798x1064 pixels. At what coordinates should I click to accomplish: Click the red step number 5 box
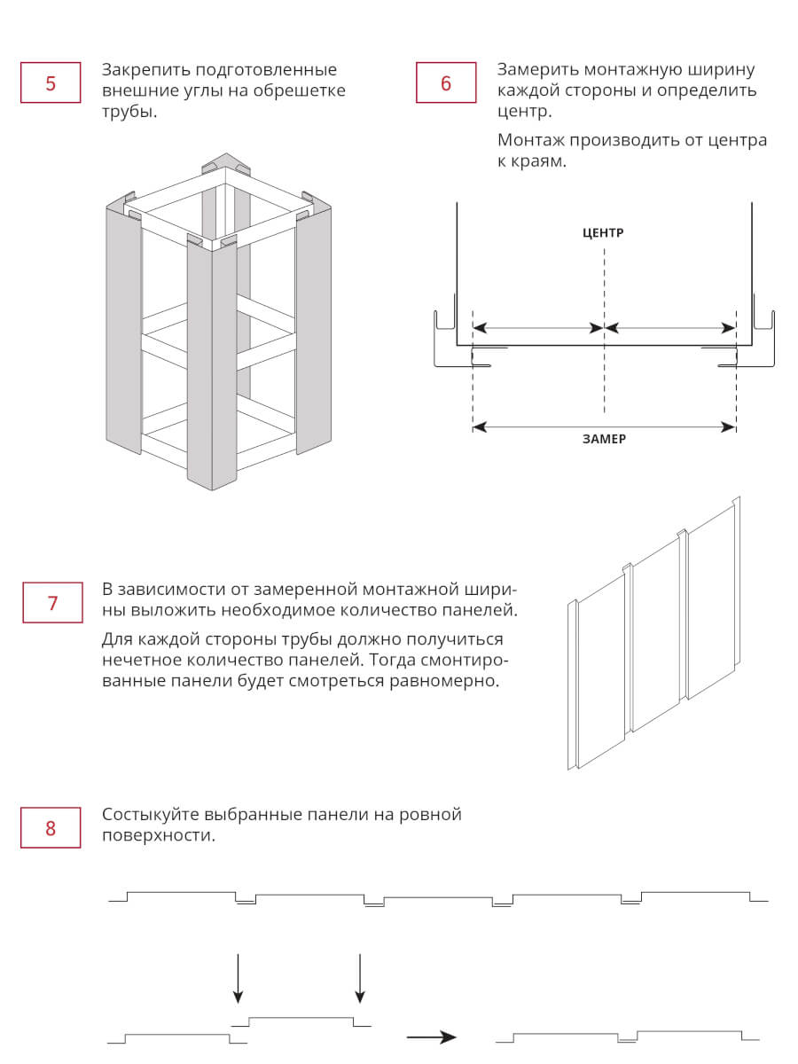click(51, 82)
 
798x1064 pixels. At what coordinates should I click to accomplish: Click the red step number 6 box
click(446, 82)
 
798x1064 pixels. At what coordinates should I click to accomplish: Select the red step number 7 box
click(52, 603)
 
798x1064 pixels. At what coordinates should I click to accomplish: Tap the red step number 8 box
click(51, 827)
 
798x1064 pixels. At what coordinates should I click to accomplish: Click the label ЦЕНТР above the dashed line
click(603, 232)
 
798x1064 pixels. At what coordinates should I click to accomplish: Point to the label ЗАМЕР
click(604, 439)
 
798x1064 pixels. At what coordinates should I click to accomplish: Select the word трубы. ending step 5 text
click(129, 112)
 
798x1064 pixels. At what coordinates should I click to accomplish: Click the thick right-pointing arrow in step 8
click(431, 1037)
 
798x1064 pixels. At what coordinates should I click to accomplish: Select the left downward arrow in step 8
click(238, 978)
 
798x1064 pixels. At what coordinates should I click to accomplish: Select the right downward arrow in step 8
click(359, 978)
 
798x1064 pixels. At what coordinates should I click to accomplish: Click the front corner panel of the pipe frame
click(212, 363)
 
